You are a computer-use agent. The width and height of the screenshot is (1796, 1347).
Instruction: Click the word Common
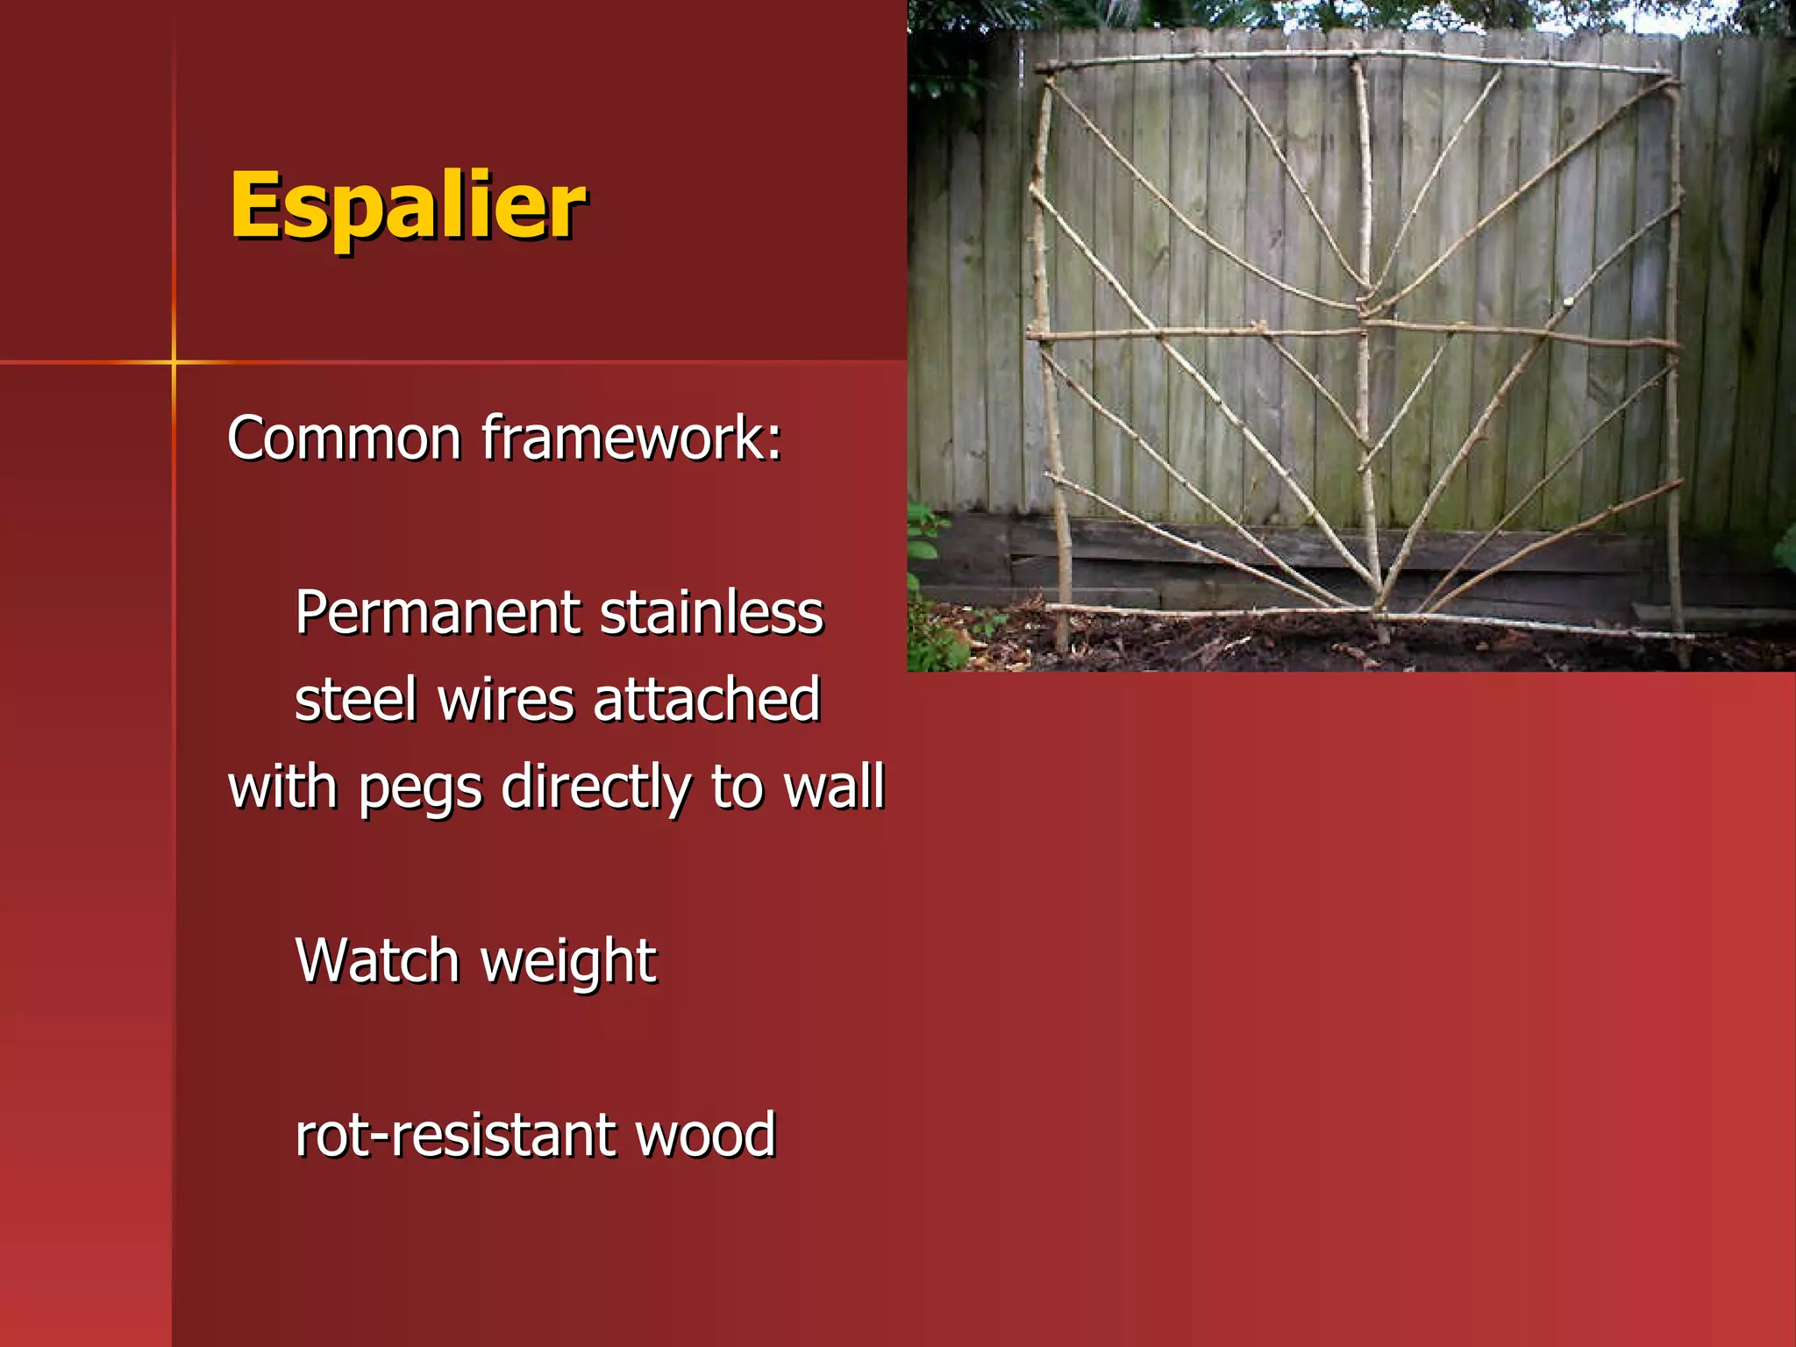tap(343, 438)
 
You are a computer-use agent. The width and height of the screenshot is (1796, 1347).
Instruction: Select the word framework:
tap(631, 438)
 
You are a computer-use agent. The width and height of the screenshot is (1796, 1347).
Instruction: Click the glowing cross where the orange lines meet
tap(174, 361)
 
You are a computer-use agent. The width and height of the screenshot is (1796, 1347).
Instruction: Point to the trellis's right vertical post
tap(1673, 351)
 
